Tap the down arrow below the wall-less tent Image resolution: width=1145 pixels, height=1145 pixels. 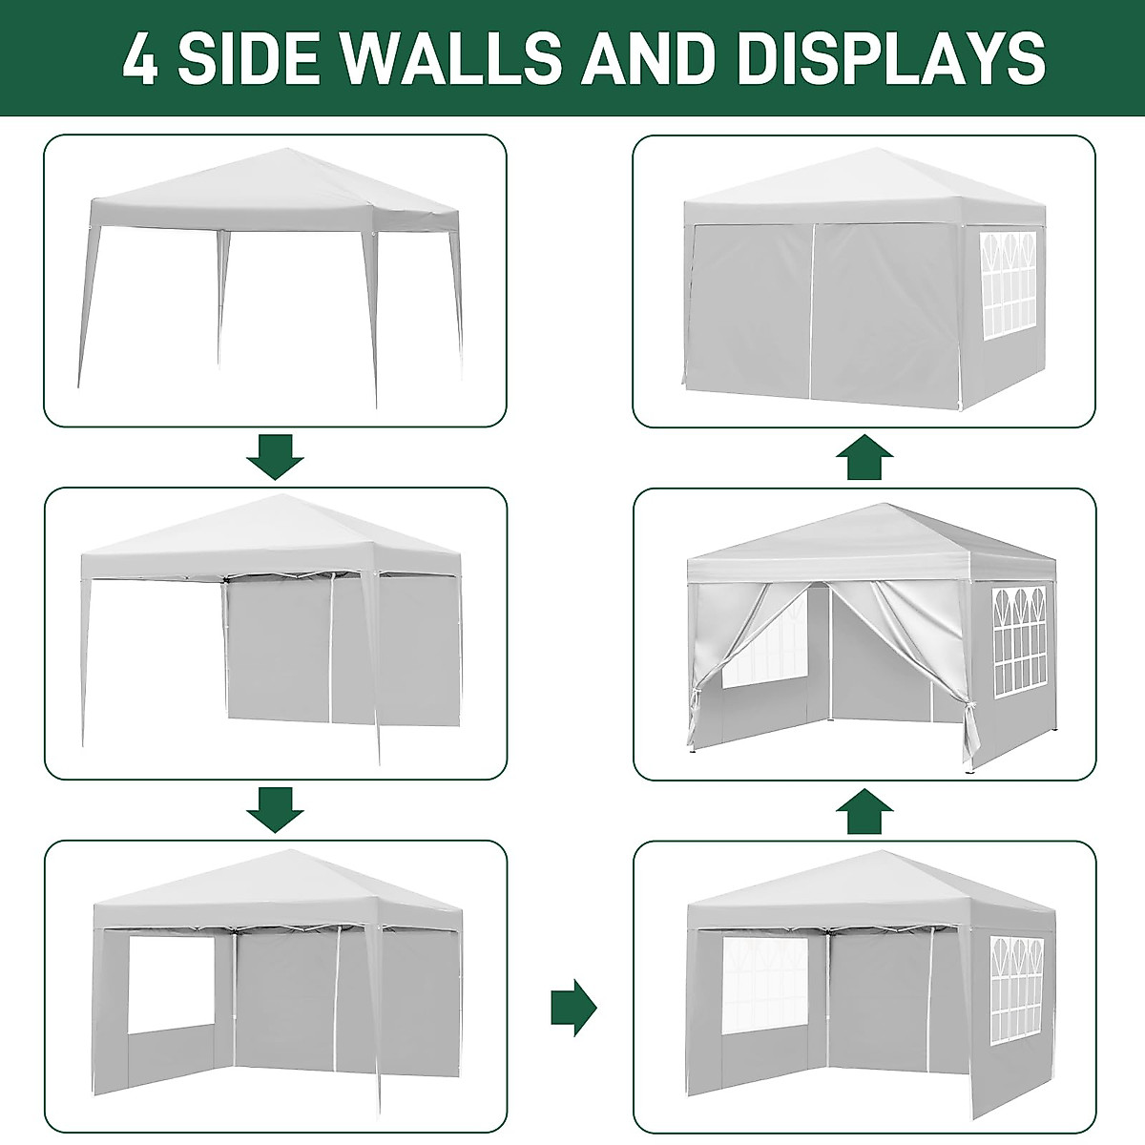(x=275, y=457)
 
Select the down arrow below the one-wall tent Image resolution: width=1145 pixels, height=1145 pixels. (x=275, y=810)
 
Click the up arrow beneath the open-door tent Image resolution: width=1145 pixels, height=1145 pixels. (x=864, y=810)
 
